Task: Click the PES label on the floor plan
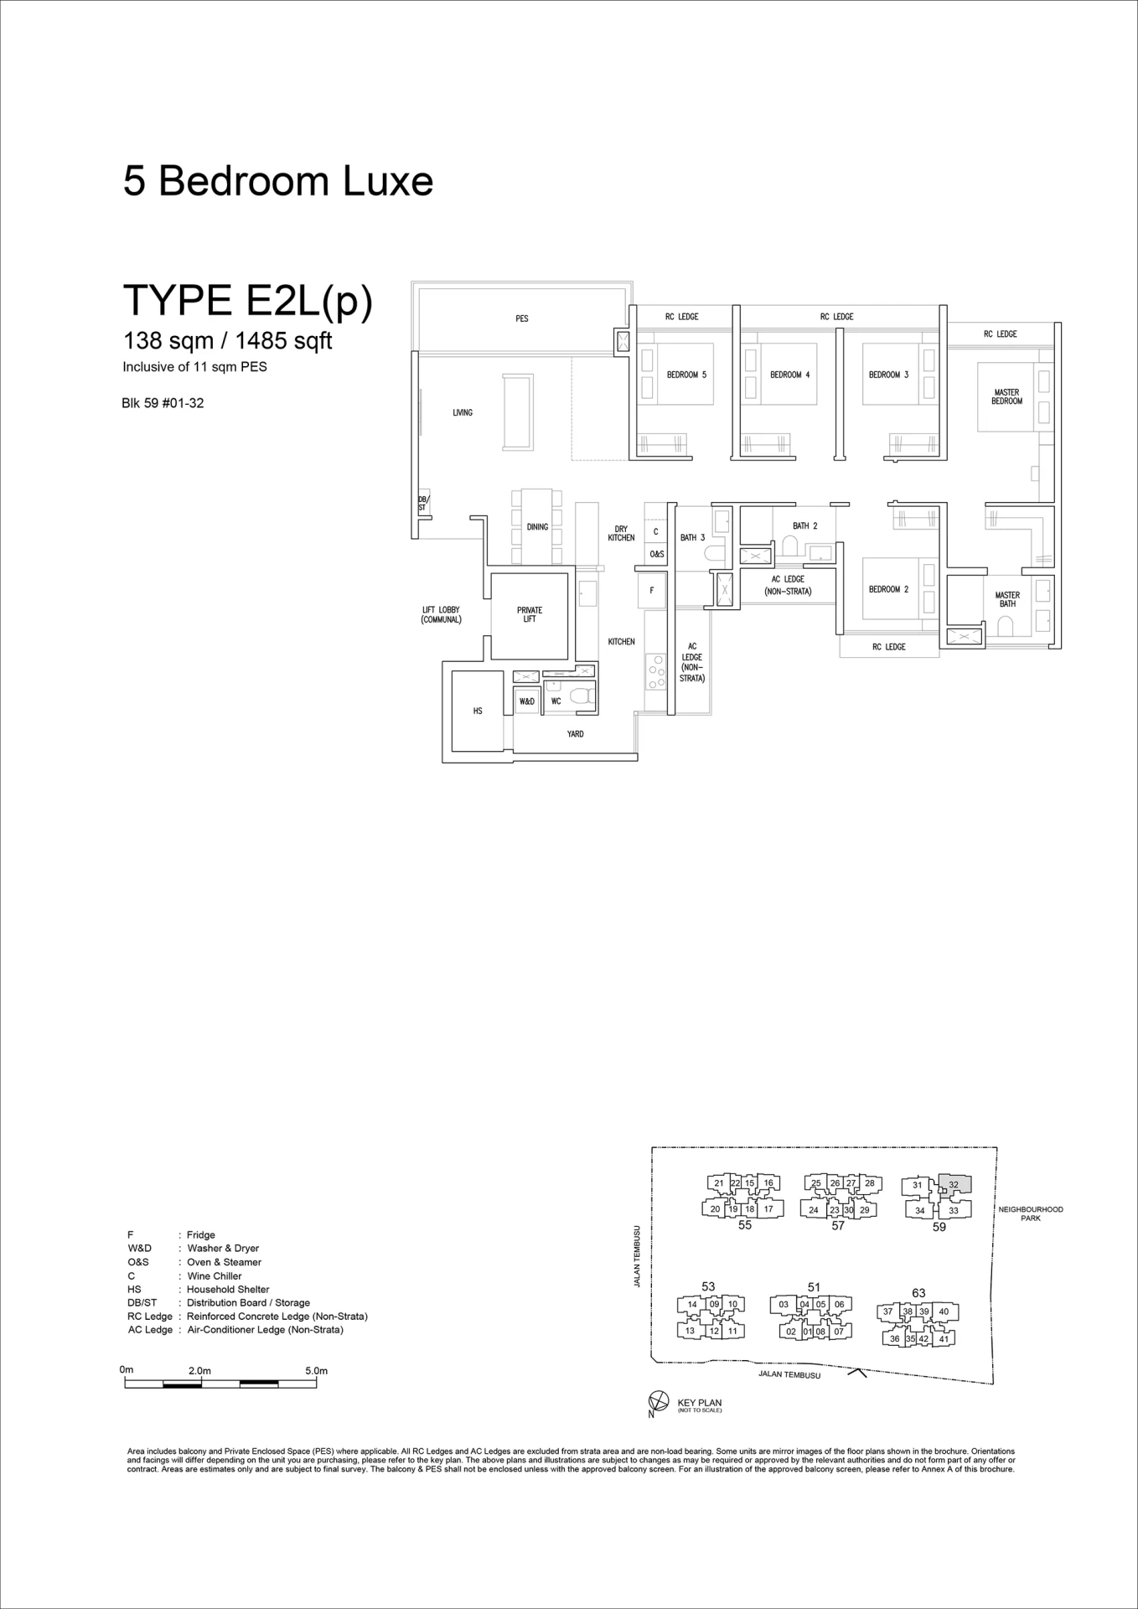[522, 318]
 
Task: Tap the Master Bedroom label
[1006, 396]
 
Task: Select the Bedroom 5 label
[686, 375]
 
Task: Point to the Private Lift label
[530, 614]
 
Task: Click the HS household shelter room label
[478, 711]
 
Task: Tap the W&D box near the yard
[527, 701]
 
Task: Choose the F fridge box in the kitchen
[652, 591]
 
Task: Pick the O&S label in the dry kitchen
[656, 554]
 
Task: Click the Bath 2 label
[804, 525]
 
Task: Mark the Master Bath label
[1007, 599]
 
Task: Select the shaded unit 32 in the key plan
[954, 1184]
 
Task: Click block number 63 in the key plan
[918, 1293]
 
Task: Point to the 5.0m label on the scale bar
[316, 1371]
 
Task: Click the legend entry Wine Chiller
[214, 1275]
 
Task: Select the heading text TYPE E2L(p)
[248, 301]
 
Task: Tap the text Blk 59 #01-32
[163, 403]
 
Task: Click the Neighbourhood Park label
[1031, 1213]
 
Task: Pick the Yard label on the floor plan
[575, 734]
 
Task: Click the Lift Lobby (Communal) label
[441, 615]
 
